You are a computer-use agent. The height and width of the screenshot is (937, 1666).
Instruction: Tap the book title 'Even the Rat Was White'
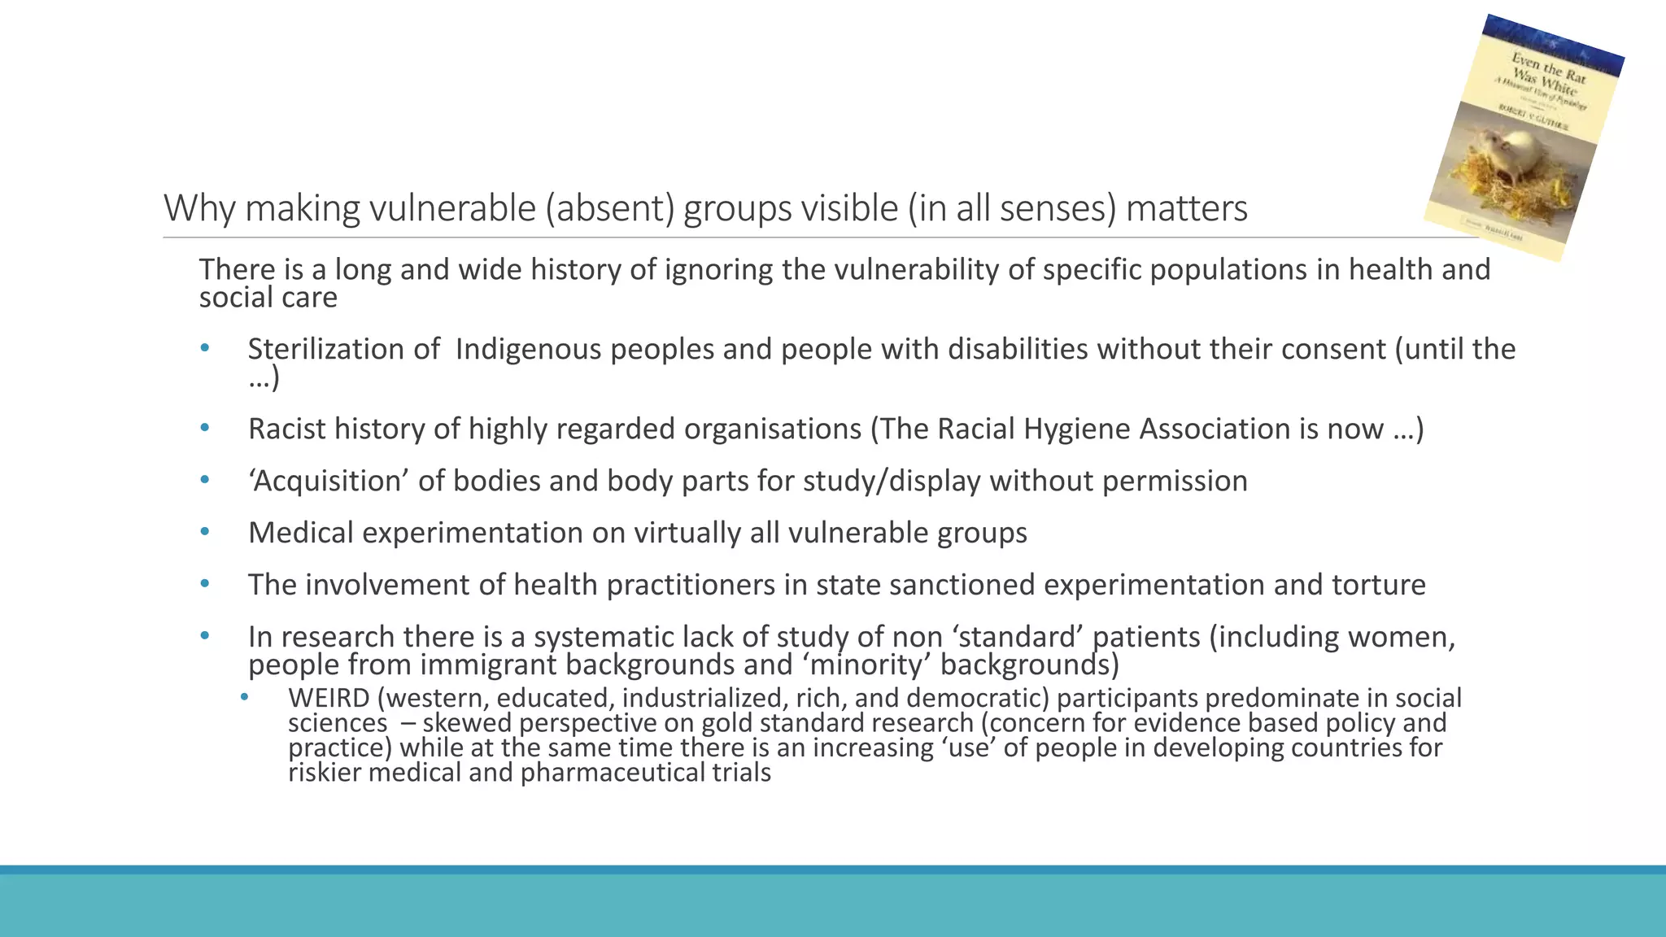point(1546,73)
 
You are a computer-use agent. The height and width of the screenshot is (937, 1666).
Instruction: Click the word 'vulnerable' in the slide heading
point(452,208)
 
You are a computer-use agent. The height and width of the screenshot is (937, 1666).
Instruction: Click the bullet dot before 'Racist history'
point(205,428)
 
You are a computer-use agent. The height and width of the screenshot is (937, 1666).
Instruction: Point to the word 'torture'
point(1378,585)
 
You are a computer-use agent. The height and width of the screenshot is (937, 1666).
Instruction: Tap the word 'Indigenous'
point(528,349)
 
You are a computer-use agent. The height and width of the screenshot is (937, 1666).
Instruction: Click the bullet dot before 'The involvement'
point(205,584)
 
